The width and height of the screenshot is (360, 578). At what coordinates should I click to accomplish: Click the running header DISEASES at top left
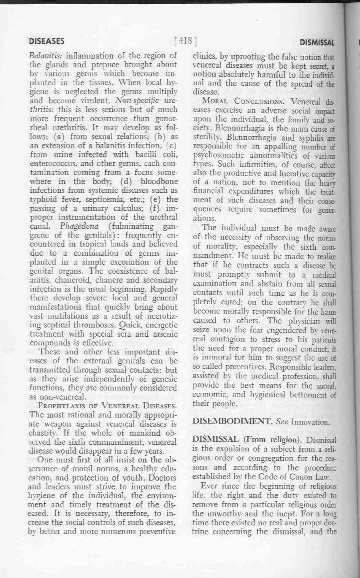coord(46,41)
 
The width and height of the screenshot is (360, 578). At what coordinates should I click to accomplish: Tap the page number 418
coord(186,41)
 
